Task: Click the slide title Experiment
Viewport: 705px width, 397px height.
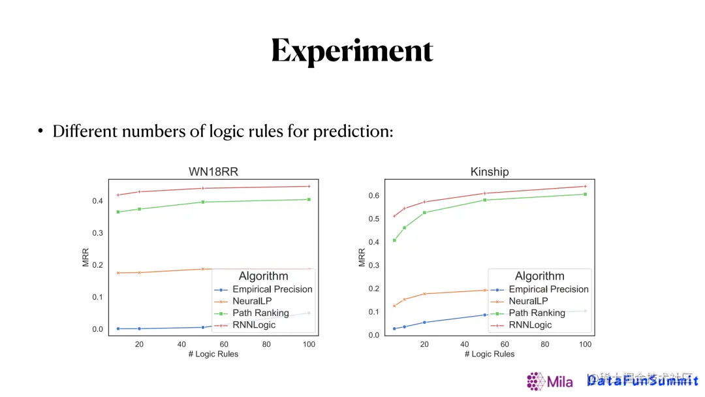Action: point(352,51)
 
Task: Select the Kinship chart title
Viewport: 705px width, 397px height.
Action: point(489,172)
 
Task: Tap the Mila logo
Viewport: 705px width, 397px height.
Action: point(550,381)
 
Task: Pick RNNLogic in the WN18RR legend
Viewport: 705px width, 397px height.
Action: point(255,325)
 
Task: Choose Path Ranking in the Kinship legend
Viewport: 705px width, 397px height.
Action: point(537,313)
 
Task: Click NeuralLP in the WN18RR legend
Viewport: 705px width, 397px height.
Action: point(251,301)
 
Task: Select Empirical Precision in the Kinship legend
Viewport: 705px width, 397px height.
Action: point(548,289)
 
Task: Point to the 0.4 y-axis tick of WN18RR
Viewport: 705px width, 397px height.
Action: point(97,201)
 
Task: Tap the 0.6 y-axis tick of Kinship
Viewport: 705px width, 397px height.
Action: point(373,196)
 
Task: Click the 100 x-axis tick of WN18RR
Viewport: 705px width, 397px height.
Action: point(309,344)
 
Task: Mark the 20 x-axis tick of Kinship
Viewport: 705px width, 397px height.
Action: point(424,344)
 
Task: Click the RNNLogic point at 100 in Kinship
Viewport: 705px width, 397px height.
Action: point(586,186)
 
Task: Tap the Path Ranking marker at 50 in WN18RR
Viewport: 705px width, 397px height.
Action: point(203,202)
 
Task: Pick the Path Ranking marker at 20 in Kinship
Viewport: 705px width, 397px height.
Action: point(424,212)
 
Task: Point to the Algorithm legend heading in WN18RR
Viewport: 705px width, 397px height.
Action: point(263,276)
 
